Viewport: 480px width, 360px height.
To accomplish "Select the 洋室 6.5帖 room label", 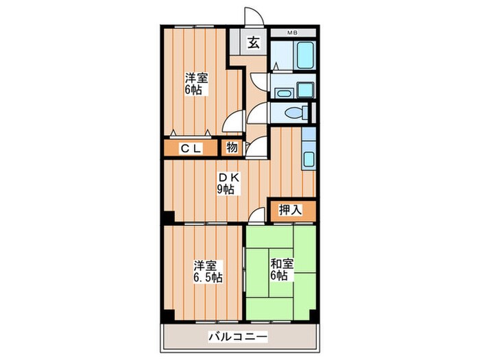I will click(x=206, y=271).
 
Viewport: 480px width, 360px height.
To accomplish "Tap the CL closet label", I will click(x=191, y=148).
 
